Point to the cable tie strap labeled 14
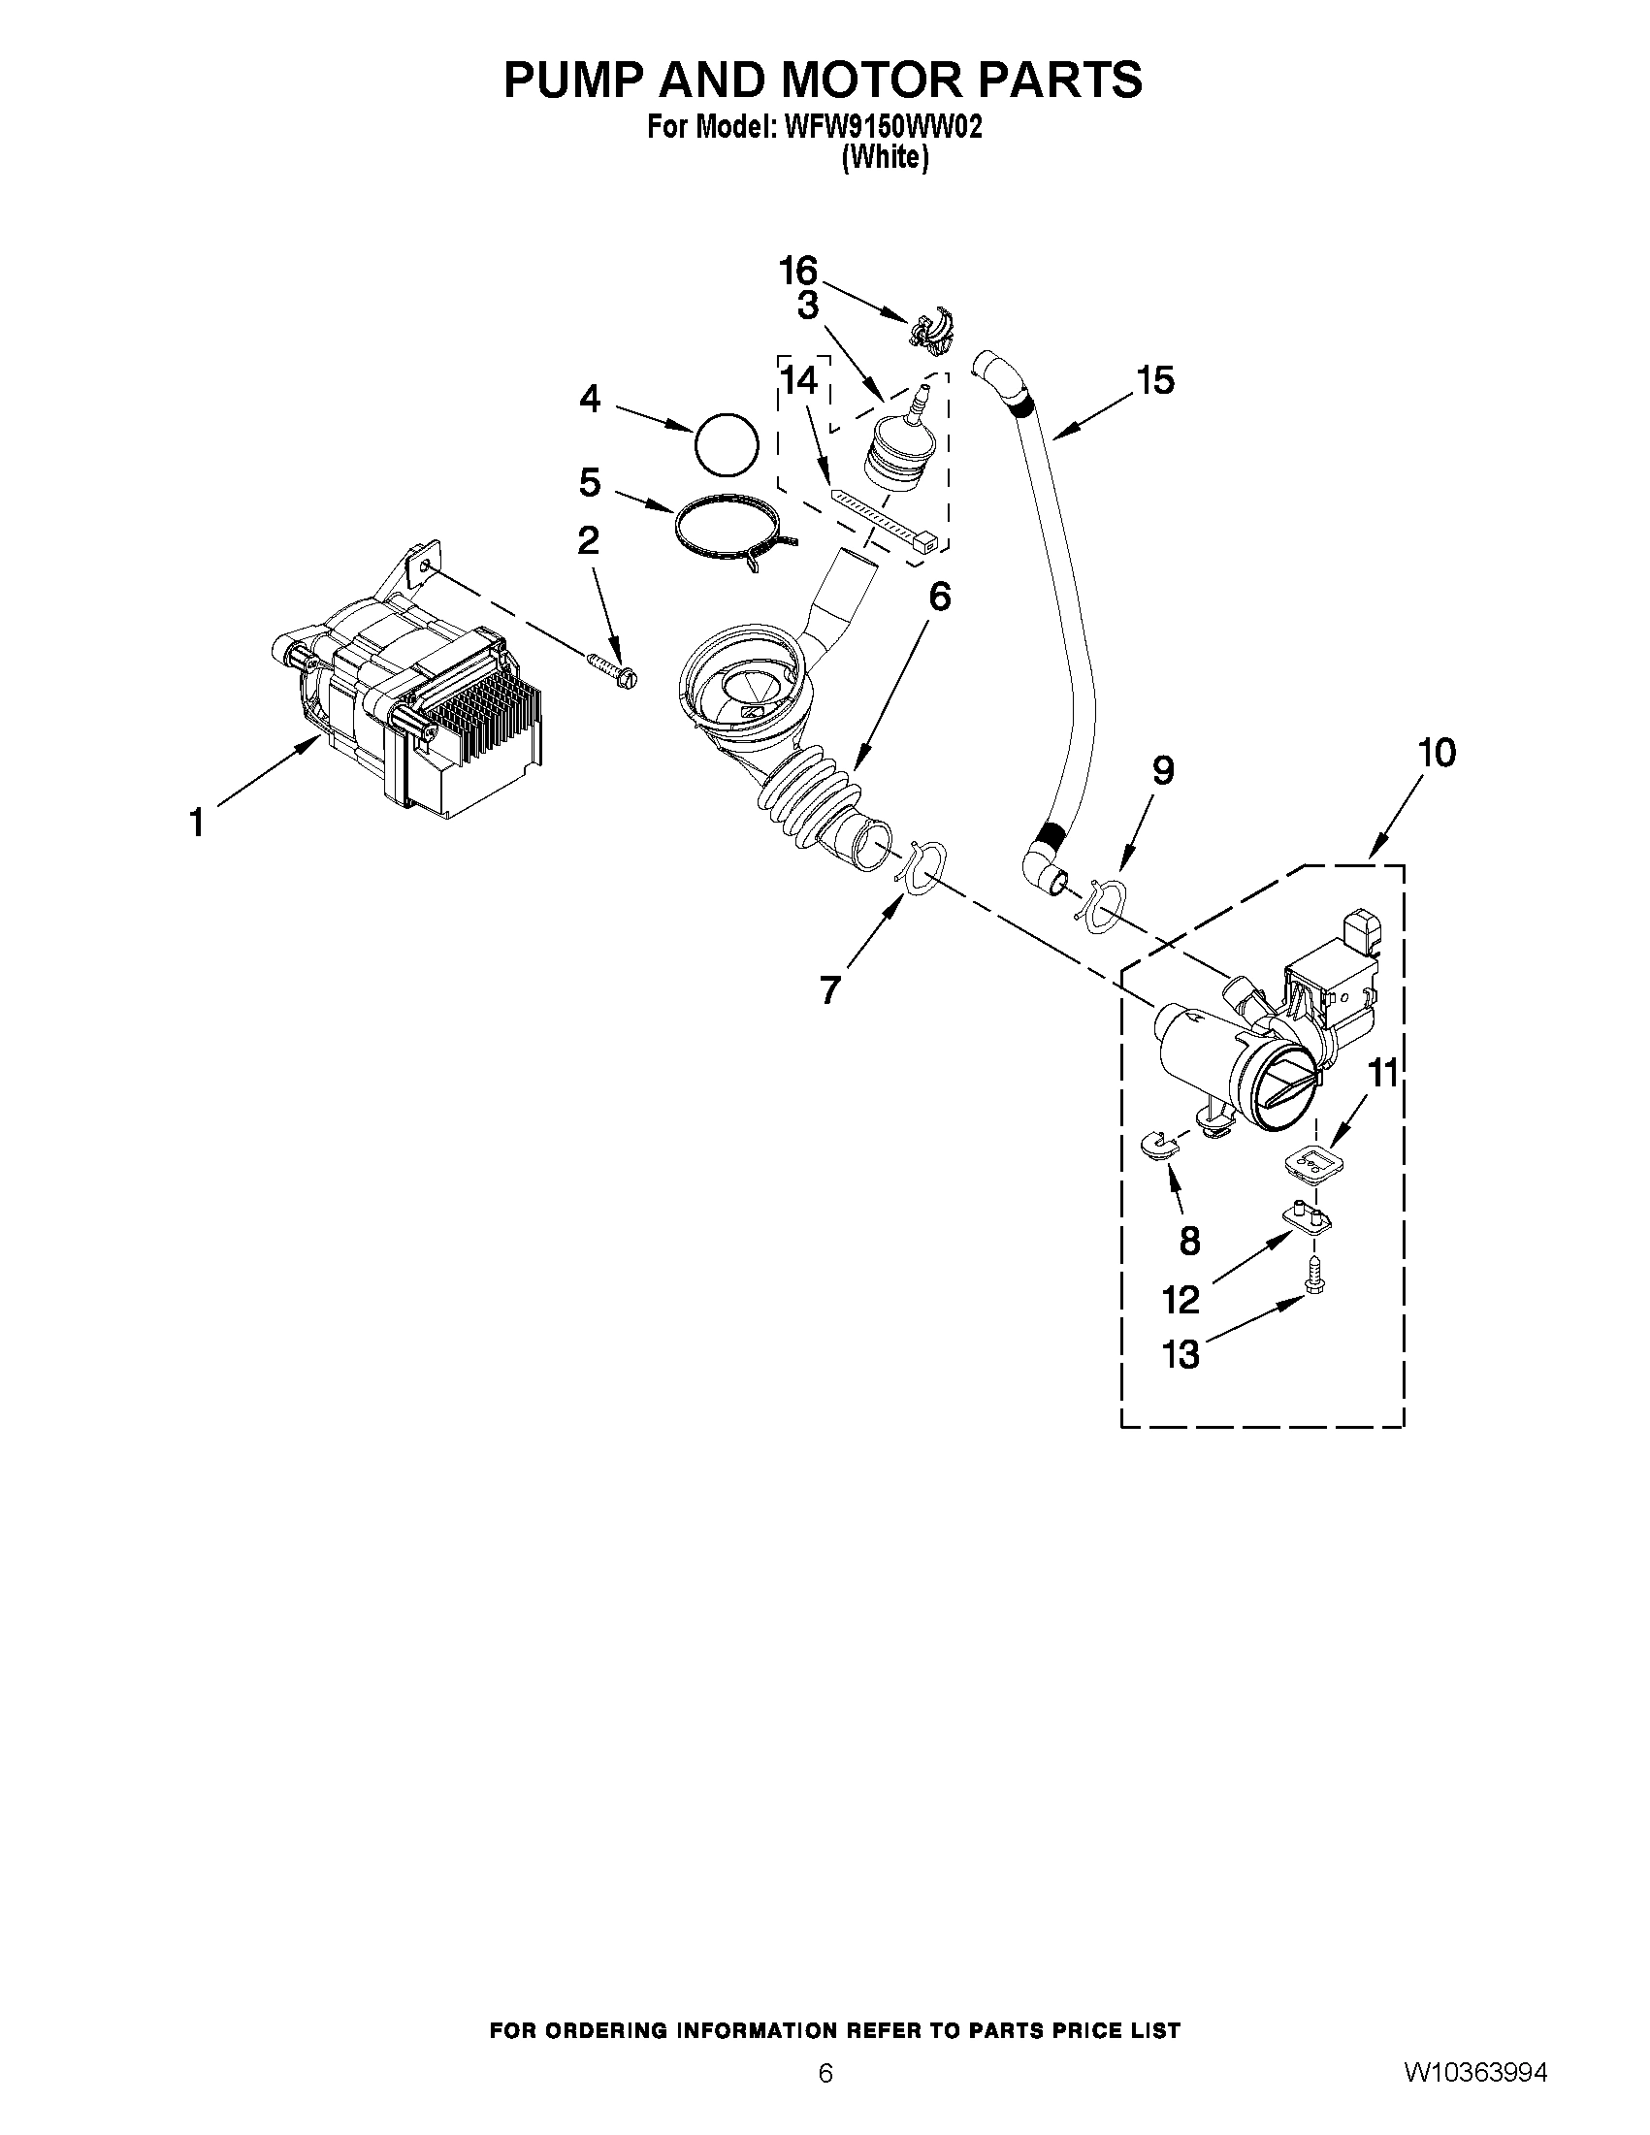point(886,519)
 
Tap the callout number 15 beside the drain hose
point(1155,380)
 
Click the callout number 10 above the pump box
point(1436,754)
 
